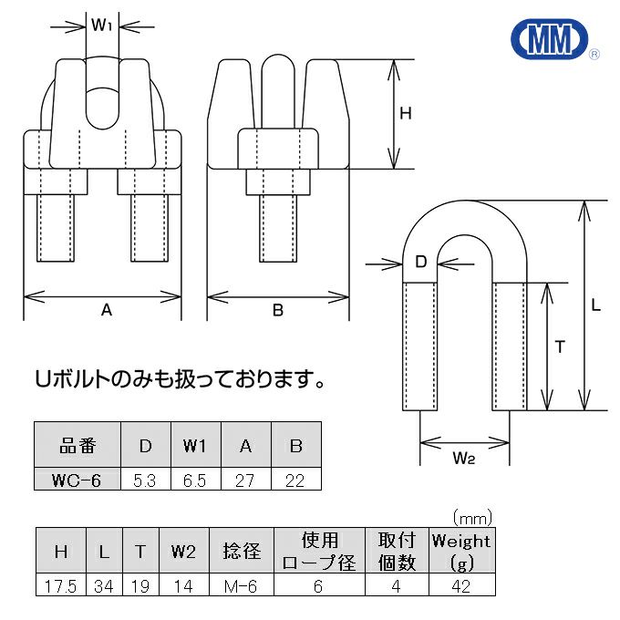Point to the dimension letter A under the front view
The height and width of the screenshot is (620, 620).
[106, 310]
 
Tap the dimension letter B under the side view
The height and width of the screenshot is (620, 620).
[278, 310]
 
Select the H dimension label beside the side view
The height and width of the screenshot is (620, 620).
[407, 114]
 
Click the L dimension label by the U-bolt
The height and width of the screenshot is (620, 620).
[596, 306]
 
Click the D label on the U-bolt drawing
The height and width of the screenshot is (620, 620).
[420, 263]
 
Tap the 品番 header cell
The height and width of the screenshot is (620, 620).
[77, 447]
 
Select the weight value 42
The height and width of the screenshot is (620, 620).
[460, 586]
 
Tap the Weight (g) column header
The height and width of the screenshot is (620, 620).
[460, 551]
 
